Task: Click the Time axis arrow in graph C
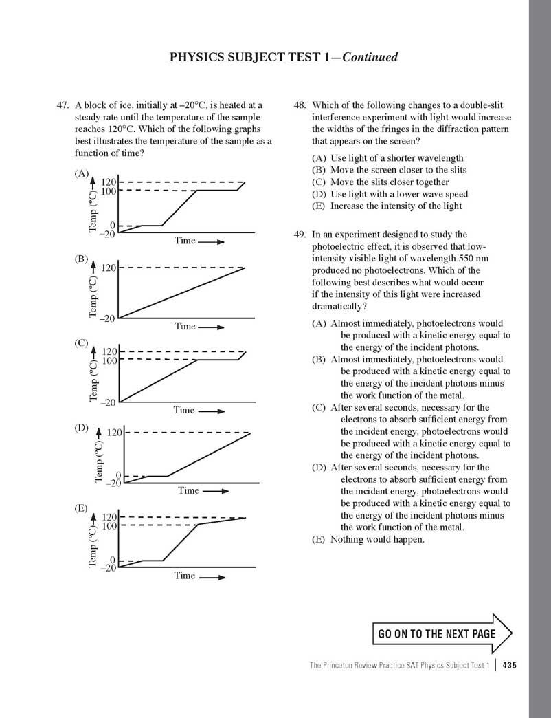click(212, 411)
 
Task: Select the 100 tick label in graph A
click(109, 191)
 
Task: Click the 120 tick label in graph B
click(109, 268)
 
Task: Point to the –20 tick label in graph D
click(113, 483)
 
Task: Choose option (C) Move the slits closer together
click(380, 182)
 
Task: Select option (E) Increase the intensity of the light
click(387, 206)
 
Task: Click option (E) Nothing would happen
click(368, 539)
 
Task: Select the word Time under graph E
click(184, 576)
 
